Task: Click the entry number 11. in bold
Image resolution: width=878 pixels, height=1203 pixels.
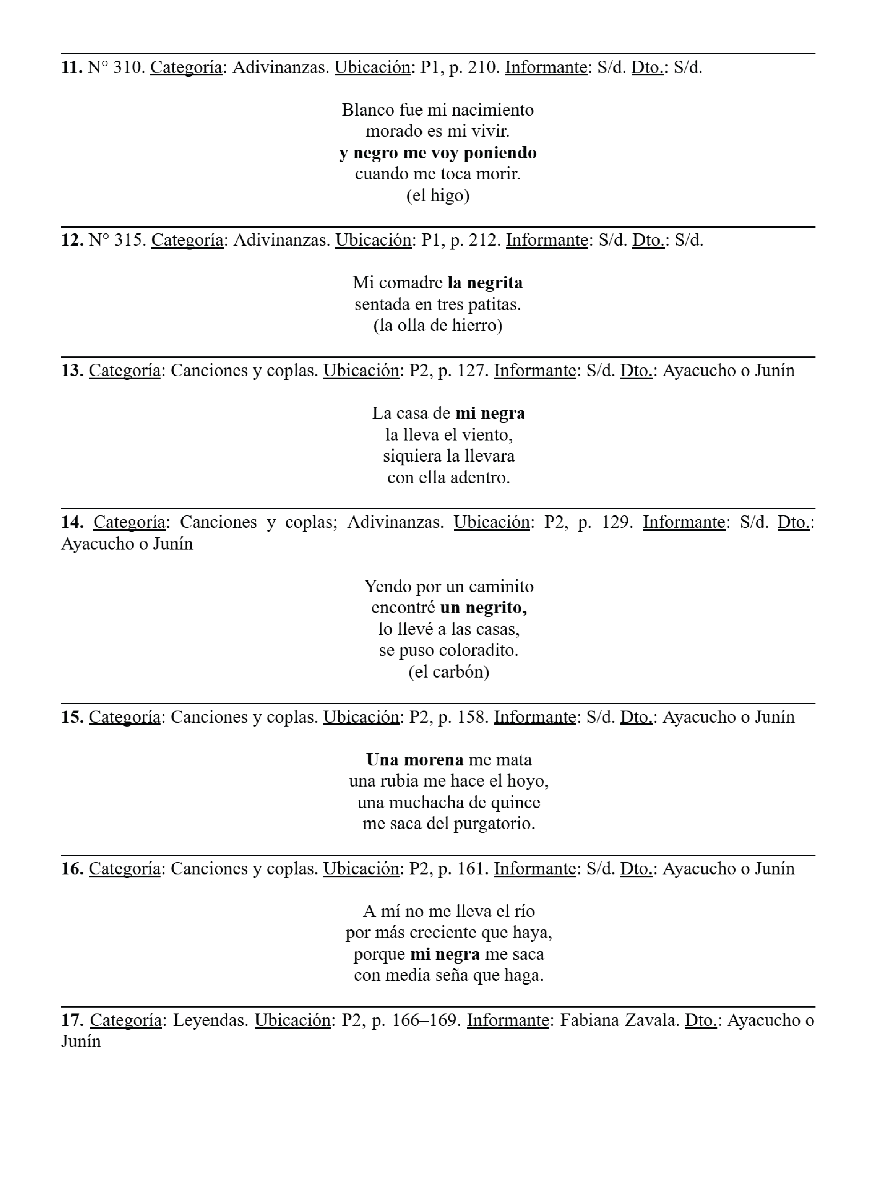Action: pos(72,67)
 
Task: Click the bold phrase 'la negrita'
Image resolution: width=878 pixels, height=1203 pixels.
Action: pos(485,283)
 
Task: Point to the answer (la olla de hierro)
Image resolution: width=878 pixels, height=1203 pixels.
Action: pos(438,325)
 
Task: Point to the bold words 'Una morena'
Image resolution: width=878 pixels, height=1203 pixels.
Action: pos(414,760)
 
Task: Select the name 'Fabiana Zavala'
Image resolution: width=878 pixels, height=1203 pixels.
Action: pos(619,1020)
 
